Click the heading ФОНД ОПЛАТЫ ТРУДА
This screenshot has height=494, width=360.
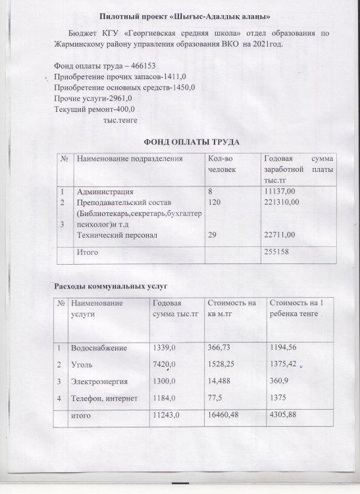(190, 142)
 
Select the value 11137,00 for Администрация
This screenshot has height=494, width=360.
(280, 191)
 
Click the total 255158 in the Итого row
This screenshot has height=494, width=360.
(277, 251)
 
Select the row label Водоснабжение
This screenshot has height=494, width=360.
(99, 347)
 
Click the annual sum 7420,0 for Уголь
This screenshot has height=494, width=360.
(164, 365)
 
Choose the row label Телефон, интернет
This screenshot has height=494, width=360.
(103, 397)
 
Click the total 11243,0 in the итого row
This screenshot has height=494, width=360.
(166, 417)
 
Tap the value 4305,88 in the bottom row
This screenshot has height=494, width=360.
(284, 416)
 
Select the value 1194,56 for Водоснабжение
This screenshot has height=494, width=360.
(285, 347)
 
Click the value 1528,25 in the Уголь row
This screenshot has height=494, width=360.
(225, 364)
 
